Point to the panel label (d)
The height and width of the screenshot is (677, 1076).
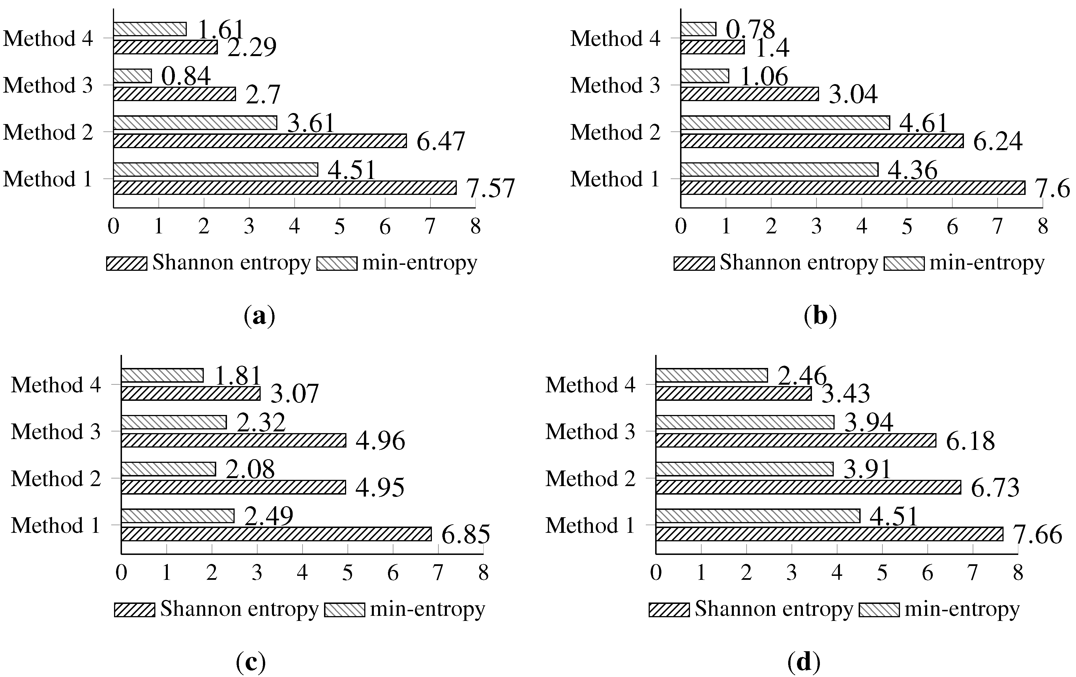point(804,662)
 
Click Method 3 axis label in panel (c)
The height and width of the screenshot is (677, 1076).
point(56,431)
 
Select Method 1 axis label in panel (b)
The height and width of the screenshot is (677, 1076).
point(615,179)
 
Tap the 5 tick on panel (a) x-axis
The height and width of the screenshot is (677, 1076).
point(340,227)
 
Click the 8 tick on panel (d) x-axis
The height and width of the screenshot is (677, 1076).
point(1018,573)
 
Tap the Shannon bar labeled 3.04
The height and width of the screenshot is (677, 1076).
point(749,94)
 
